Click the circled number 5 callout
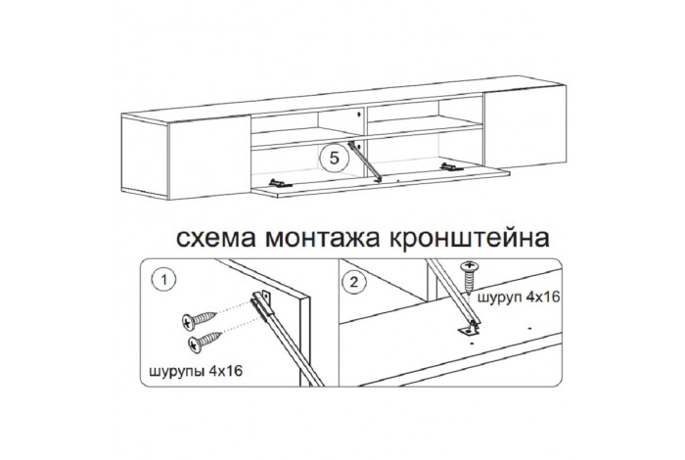coord(335,158)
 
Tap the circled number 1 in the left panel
coord(163,280)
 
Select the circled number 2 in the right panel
coord(354,282)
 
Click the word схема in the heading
coord(216,238)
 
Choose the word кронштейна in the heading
coord(469,238)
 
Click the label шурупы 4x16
coord(196,371)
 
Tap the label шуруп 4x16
coord(519,298)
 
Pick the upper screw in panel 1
coord(200,320)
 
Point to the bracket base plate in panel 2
coord(469,332)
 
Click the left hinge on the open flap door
coord(281,183)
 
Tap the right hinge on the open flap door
coord(452,167)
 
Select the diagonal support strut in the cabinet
coord(364,161)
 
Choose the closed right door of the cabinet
coord(525,126)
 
